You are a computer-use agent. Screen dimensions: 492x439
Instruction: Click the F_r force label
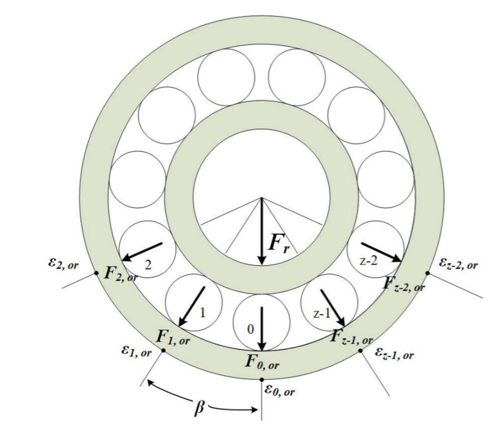[279, 242]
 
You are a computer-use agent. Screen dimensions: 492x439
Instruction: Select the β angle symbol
[199, 408]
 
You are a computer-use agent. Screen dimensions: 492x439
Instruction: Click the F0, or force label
[262, 362]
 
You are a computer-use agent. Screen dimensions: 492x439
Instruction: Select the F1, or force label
[173, 337]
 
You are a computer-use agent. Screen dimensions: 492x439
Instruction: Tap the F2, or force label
[121, 274]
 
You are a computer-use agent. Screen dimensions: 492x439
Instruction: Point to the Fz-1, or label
[351, 337]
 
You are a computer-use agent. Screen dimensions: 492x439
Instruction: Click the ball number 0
[250, 330]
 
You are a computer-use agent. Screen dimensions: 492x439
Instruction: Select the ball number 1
[202, 313]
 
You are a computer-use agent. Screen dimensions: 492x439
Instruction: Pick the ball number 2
[148, 265]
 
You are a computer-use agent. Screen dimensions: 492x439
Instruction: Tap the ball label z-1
[322, 313]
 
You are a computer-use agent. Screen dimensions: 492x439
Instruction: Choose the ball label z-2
[368, 261]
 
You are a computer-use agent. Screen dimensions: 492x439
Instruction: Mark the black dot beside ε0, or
[262, 380]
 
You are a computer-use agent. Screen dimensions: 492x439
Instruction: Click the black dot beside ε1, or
[163, 350]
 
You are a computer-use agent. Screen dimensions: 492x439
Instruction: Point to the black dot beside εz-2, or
[428, 273]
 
